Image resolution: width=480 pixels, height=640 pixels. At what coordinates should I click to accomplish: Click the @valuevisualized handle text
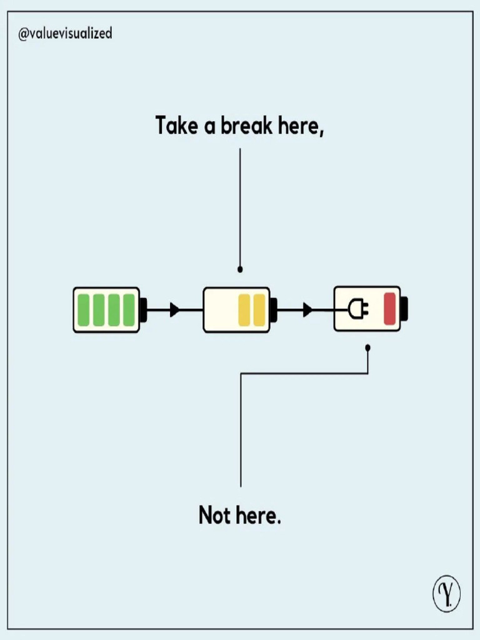click(66, 34)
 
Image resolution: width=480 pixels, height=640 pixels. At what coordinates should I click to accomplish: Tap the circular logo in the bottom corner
click(446, 595)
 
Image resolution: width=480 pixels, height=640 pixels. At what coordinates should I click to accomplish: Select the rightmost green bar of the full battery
click(129, 309)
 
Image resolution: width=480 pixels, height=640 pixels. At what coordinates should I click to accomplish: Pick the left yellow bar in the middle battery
click(244, 309)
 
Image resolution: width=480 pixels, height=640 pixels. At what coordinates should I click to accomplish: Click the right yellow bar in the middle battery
click(259, 309)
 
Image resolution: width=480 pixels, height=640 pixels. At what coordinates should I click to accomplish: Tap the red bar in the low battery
click(389, 309)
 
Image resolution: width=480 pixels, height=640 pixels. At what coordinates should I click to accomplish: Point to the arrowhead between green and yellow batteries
click(174, 309)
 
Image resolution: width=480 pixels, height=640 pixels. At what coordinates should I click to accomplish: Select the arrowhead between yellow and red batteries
click(307, 309)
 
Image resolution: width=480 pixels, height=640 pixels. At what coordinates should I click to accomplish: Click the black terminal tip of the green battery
click(144, 309)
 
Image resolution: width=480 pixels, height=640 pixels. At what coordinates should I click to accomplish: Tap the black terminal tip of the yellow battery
click(274, 309)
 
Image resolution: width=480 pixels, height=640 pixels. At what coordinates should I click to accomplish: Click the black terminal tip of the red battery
click(404, 309)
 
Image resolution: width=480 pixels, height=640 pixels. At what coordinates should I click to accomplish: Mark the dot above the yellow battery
click(240, 269)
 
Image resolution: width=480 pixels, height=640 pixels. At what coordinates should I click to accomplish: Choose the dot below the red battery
click(368, 347)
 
